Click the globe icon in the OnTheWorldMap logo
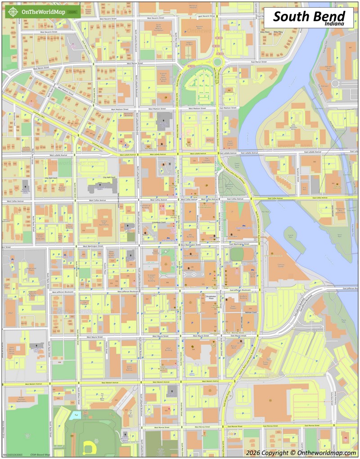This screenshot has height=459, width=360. [x=13, y=12]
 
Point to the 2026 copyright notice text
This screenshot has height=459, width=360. [x=301, y=452]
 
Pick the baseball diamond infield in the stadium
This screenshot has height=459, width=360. [x=88, y=446]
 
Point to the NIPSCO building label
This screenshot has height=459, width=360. [x=210, y=140]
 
